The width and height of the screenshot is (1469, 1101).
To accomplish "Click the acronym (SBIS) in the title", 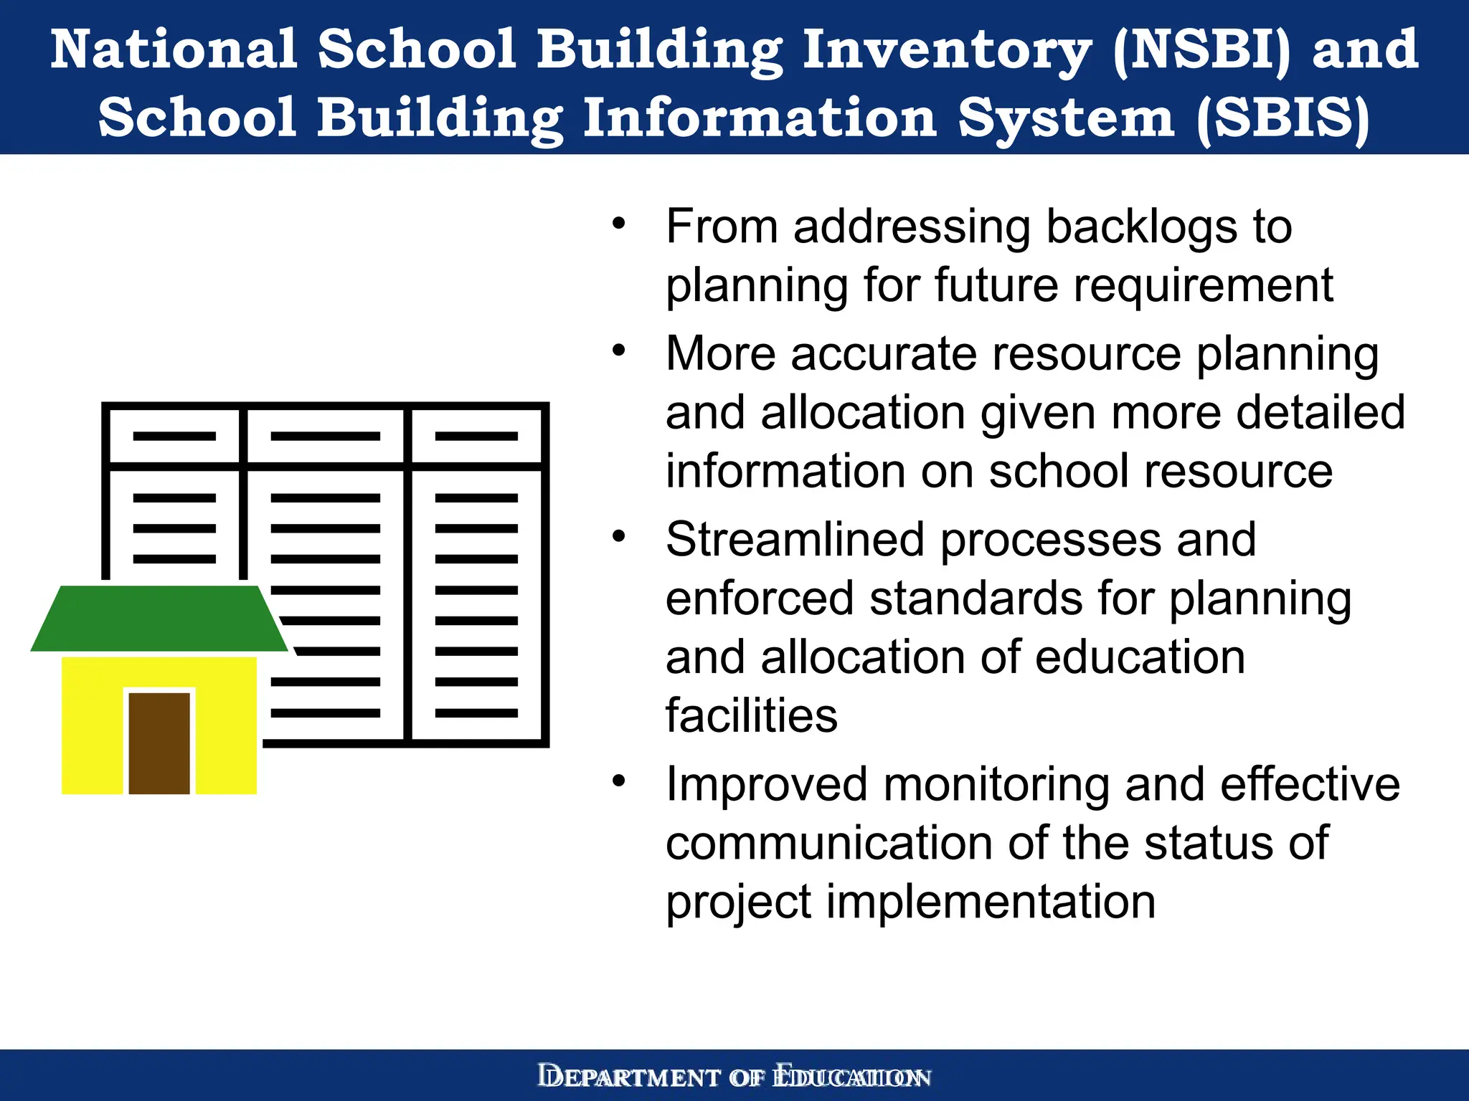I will coord(1283,118).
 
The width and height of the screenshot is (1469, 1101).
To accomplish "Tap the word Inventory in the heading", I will coord(946,50).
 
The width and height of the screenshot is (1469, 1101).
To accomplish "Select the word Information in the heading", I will coord(760,118).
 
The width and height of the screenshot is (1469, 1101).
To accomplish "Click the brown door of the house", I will coord(159,743).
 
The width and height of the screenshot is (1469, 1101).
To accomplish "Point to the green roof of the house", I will coord(159,618).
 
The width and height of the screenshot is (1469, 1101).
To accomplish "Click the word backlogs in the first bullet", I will coord(1141,227).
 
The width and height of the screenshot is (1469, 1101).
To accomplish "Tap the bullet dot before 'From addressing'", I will coord(619,223).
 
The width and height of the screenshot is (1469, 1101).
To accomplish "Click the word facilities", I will coord(751,715).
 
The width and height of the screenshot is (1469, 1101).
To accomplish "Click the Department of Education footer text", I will coord(734,1077).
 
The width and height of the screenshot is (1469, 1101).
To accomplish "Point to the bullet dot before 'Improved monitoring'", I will coord(619,780).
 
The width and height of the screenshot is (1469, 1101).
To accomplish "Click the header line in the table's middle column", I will coord(325,436).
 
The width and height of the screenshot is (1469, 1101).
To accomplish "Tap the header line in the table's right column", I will coord(476,436).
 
